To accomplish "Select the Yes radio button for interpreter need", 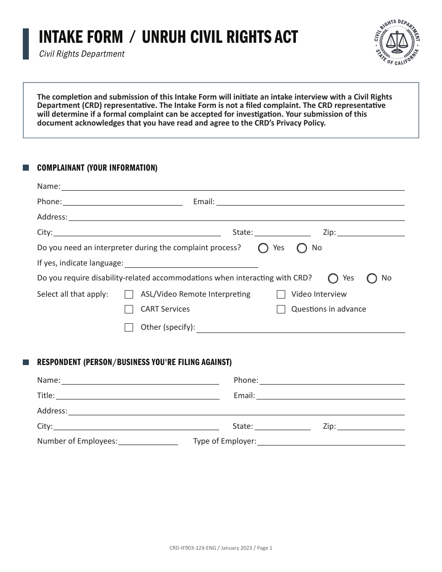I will pyautogui.click(x=263, y=248).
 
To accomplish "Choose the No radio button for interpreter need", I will pyautogui.click(x=302, y=248).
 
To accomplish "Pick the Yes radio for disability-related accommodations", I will pyautogui.click(x=333, y=279).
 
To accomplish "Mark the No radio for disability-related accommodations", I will pyautogui.click(x=372, y=279).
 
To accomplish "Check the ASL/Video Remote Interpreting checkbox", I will pyautogui.click(x=129, y=294).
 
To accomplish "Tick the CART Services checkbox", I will pyautogui.click(x=129, y=309).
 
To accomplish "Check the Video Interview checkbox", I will pyautogui.click(x=281, y=294).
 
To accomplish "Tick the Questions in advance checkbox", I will pyautogui.click(x=281, y=309).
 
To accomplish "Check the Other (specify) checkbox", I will pyautogui.click(x=129, y=327).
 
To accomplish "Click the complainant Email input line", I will pyautogui.click(x=310, y=202).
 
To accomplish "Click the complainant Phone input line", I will pyautogui.click(x=122, y=202).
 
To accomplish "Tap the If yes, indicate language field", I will pyautogui.click(x=191, y=264).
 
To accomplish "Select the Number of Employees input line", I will pyautogui.click(x=148, y=442).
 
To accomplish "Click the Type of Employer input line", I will pyautogui.click(x=331, y=442).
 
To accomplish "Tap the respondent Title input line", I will pyautogui.click(x=137, y=396).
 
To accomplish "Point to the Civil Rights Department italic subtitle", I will pyautogui.click(x=82, y=54).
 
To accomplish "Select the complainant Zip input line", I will pyautogui.click(x=371, y=233).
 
